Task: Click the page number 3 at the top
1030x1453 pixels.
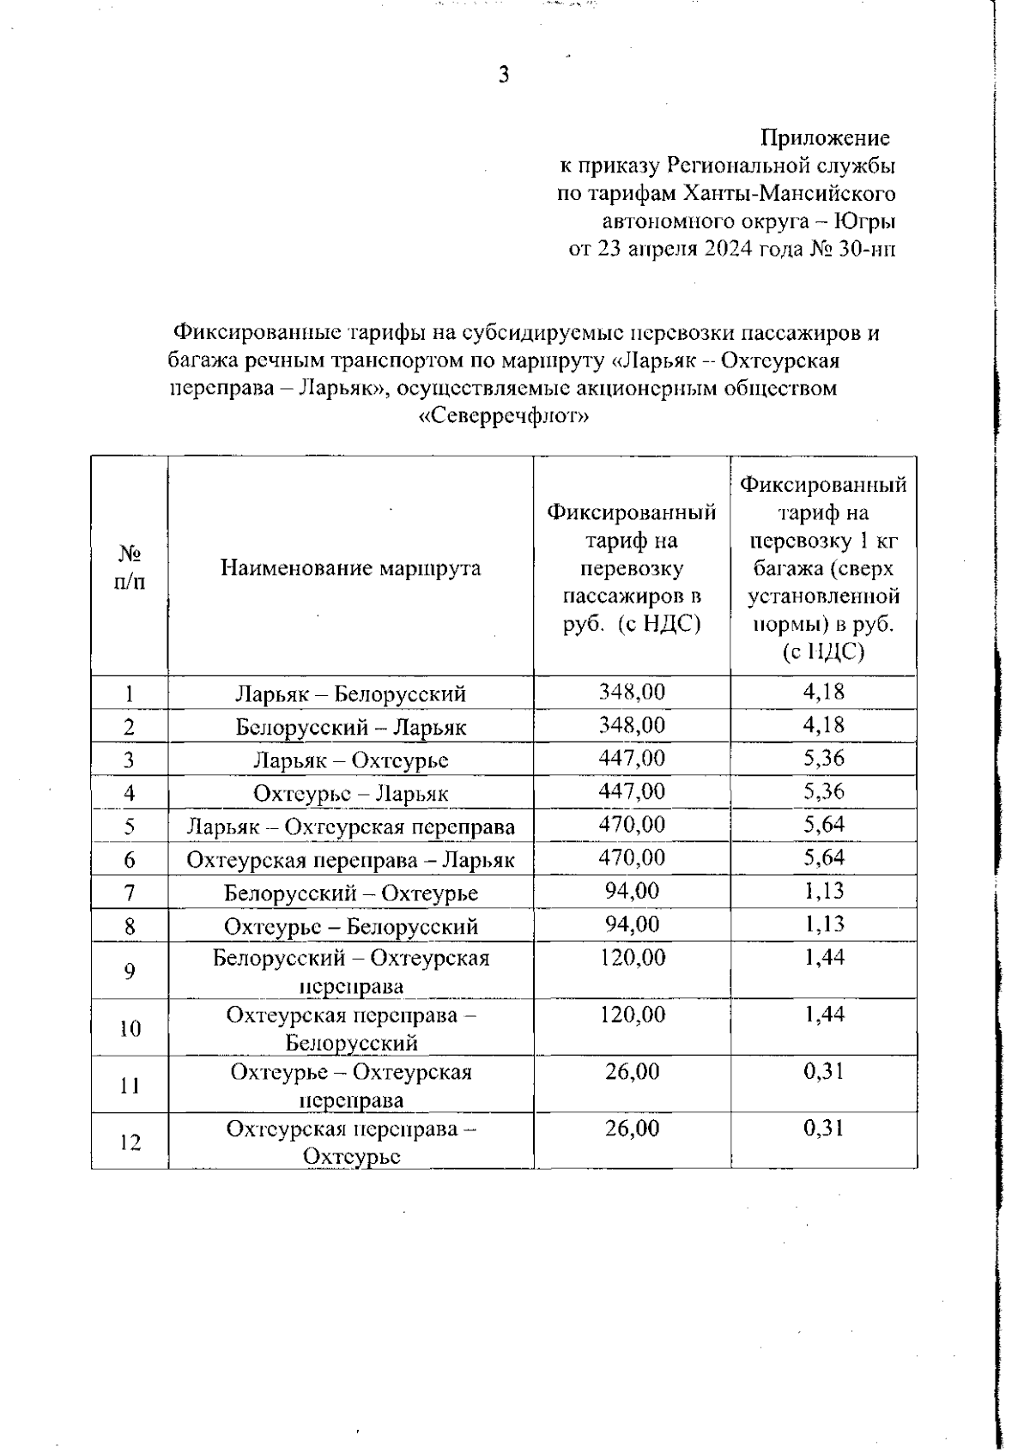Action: click(x=504, y=76)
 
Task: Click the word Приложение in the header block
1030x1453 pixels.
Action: click(x=826, y=137)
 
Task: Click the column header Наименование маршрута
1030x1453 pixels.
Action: click(x=350, y=568)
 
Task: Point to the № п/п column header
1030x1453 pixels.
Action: click(x=130, y=567)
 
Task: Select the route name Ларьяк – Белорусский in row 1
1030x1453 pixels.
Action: click(x=350, y=693)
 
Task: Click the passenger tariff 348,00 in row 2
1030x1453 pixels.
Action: click(x=632, y=725)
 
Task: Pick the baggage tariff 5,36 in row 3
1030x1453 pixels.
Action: click(x=824, y=759)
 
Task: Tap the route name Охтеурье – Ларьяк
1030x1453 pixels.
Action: click(x=350, y=794)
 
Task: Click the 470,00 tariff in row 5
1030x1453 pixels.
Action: click(x=632, y=825)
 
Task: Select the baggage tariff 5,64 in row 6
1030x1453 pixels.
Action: click(x=824, y=858)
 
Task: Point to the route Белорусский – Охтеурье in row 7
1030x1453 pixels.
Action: click(x=350, y=893)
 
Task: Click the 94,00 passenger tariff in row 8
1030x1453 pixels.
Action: click(x=632, y=924)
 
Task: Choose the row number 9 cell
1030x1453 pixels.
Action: click(x=130, y=972)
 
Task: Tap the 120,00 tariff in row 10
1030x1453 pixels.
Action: click(x=632, y=1015)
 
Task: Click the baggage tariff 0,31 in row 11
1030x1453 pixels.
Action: click(x=824, y=1072)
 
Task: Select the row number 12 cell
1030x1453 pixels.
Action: click(x=130, y=1142)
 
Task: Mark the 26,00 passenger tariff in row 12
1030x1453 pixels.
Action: click(x=632, y=1129)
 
